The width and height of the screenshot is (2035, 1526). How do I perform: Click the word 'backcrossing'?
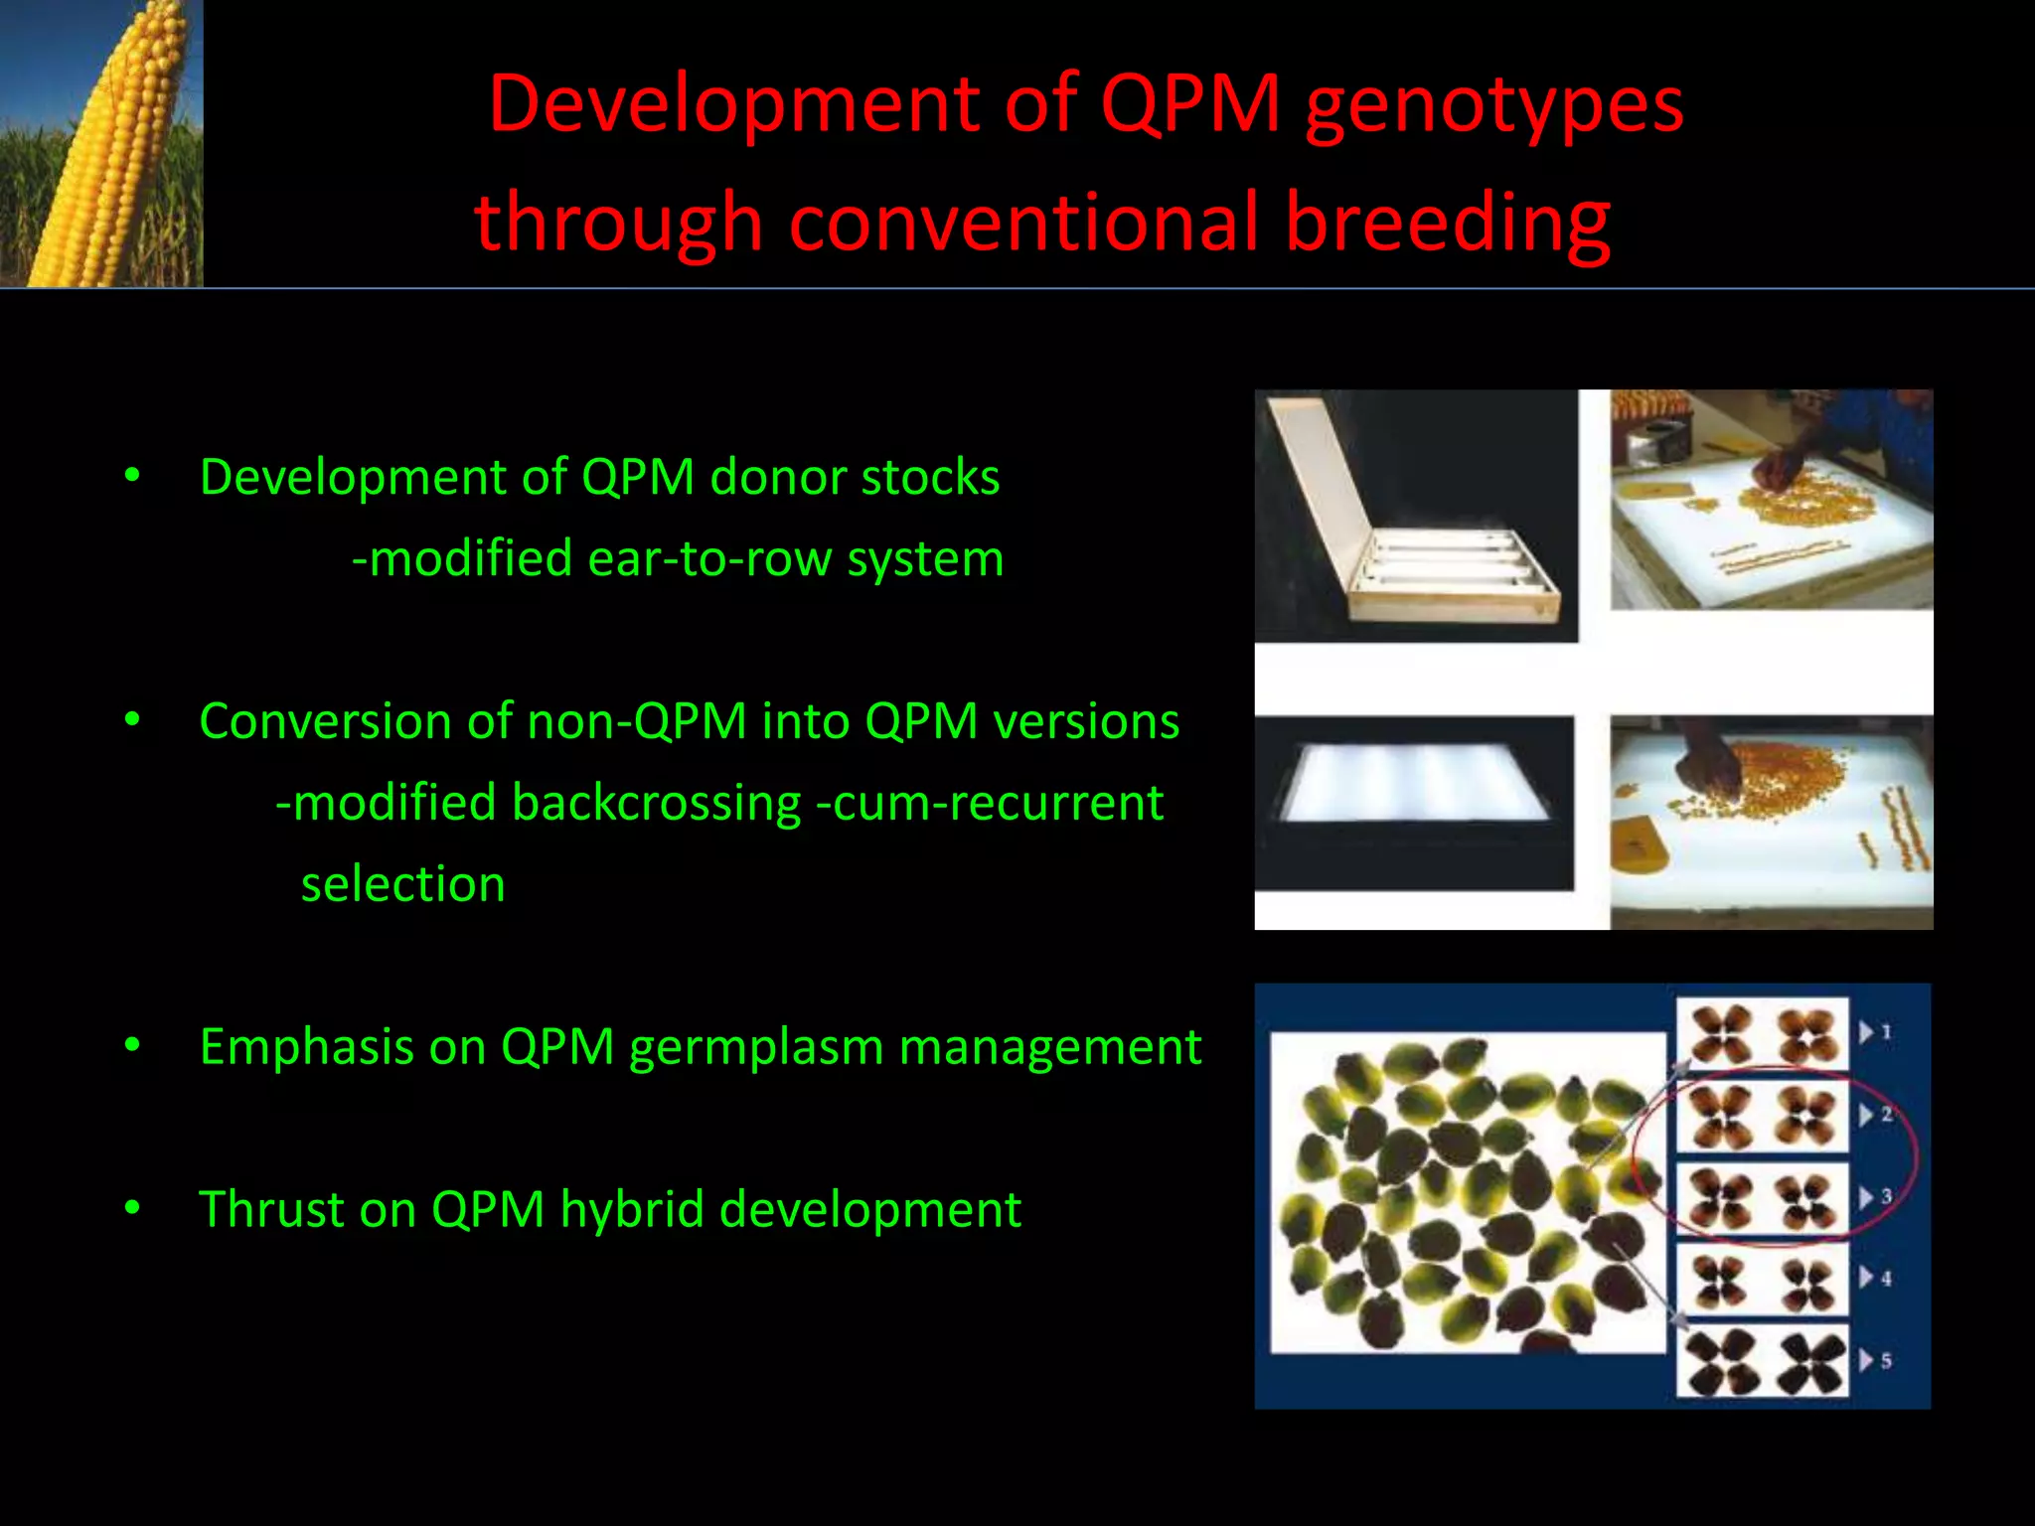point(656,803)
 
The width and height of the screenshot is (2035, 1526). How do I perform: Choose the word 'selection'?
point(402,884)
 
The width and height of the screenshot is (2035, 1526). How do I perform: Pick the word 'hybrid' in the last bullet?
point(632,1210)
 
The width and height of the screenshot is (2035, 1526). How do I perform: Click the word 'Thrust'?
point(270,1210)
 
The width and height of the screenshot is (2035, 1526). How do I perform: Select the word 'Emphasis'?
point(306,1047)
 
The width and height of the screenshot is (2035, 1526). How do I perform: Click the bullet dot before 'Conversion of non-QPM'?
point(132,720)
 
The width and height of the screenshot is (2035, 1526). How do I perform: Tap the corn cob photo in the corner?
point(101,143)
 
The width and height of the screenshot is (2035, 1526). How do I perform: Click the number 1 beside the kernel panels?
point(1886,1033)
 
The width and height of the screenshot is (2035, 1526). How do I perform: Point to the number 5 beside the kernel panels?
point(1886,1361)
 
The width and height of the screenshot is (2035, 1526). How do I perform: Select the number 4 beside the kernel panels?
point(1886,1279)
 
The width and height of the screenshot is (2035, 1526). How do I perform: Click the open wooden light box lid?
point(1322,487)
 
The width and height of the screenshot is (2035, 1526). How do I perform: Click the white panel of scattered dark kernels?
point(1468,1192)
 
